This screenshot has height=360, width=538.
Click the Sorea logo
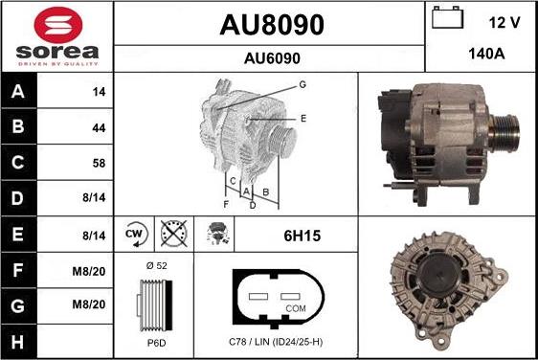(x=56, y=36)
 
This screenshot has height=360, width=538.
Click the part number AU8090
(x=271, y=23)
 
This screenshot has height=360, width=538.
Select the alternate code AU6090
(x=271, y=57)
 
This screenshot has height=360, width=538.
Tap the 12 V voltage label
(x=504, y=22)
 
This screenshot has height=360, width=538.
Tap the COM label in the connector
(x=297, y=308)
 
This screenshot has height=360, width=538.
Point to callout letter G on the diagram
(x=302, y=84)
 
